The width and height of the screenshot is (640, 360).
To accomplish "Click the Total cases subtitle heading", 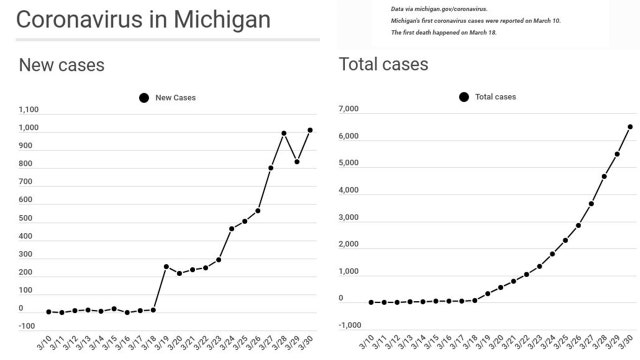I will click(384, 66).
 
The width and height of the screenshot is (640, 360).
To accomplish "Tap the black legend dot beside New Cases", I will click(144, 97).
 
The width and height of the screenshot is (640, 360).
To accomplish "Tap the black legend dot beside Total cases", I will click(464, 97).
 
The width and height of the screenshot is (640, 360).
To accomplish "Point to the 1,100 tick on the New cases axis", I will click(28, 110).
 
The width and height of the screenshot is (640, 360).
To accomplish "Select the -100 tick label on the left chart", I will click(28, 326).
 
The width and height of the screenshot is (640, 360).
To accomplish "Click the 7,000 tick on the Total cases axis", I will click(349, 108).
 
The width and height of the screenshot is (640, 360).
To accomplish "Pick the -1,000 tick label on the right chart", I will click(349, 325).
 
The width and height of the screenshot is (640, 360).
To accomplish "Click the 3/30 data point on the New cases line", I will click(310, 130).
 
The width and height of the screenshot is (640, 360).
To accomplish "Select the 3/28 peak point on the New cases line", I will click(284, 133).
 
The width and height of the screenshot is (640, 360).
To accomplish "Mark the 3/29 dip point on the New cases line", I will click(297, 161).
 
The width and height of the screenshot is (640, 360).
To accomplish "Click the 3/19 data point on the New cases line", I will click(166, 267).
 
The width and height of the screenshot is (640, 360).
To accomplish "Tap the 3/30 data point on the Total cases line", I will click(630, 127).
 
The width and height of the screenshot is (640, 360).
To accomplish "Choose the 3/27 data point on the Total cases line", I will click(591, 204).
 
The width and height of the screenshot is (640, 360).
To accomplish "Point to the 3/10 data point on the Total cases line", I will click(370, 302).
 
